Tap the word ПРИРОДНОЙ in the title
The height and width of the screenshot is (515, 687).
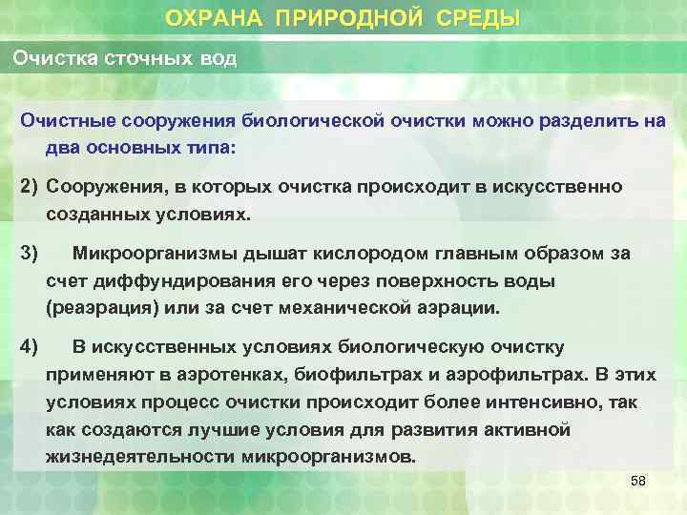tap(342, 18)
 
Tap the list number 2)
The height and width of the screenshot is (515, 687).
tap(31, 186)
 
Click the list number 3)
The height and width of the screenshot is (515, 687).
tap(31, 253)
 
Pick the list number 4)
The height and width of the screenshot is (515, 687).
tap(31, 345)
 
